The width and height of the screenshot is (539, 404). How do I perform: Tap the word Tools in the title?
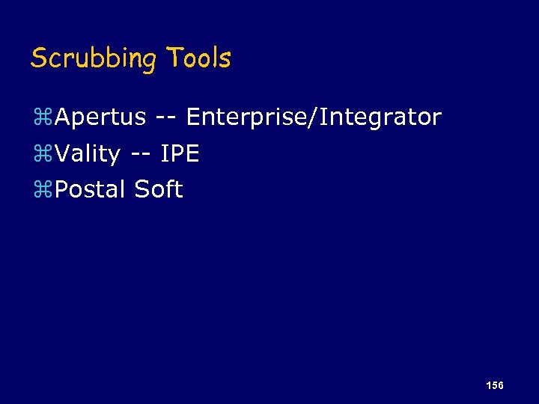coord(198,58)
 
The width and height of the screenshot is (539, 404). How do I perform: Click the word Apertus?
coord(100,117)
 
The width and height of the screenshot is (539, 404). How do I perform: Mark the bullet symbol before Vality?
coord(42,154)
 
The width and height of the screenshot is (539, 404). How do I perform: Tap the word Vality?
coord(88,154)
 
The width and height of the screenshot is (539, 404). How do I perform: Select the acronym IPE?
coord(180,153)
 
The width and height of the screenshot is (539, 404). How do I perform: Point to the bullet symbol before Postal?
coord(42,190)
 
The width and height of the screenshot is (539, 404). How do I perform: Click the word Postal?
coord(91,189)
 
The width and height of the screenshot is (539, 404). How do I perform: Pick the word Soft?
coord(159,189)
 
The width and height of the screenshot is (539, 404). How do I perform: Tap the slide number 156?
coord(494,385)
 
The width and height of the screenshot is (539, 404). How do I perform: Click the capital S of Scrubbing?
coord(38,58)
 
